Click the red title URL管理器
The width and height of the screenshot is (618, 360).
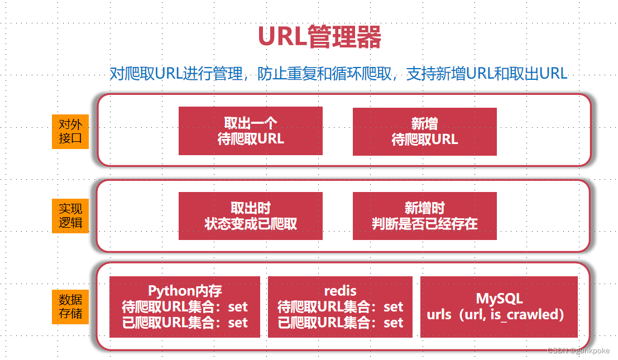[x=320, y=37]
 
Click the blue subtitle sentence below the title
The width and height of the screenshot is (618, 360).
[x=338, y=74]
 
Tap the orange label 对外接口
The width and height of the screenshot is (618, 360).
[x=70, y=132]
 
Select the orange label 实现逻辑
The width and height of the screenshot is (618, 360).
[x=70, y=216]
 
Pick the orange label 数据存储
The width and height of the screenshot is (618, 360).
[x=70, y=306]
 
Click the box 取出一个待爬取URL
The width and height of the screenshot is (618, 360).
[x=251, y=131]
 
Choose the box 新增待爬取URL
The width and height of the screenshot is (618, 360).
[x=424, y=132]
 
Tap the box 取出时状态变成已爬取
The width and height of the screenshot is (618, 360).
[x=251, y=216]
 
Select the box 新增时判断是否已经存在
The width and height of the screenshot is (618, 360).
[x=424, y=216]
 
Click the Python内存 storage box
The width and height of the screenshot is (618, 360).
[x=185, y=307]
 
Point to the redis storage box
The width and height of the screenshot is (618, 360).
[x=340, y=307]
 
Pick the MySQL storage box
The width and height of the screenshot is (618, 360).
[x=499, y=307]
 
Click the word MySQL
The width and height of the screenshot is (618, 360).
[x=499, y=299]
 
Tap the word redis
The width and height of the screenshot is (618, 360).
[x=340, y=291]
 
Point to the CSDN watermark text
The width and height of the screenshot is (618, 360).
[x=578, y=351]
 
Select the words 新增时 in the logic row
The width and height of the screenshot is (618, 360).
[x=424, y=208]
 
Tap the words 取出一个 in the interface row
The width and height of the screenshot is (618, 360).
[x=251, y=123]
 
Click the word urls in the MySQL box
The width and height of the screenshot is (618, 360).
[x=439, y=315]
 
